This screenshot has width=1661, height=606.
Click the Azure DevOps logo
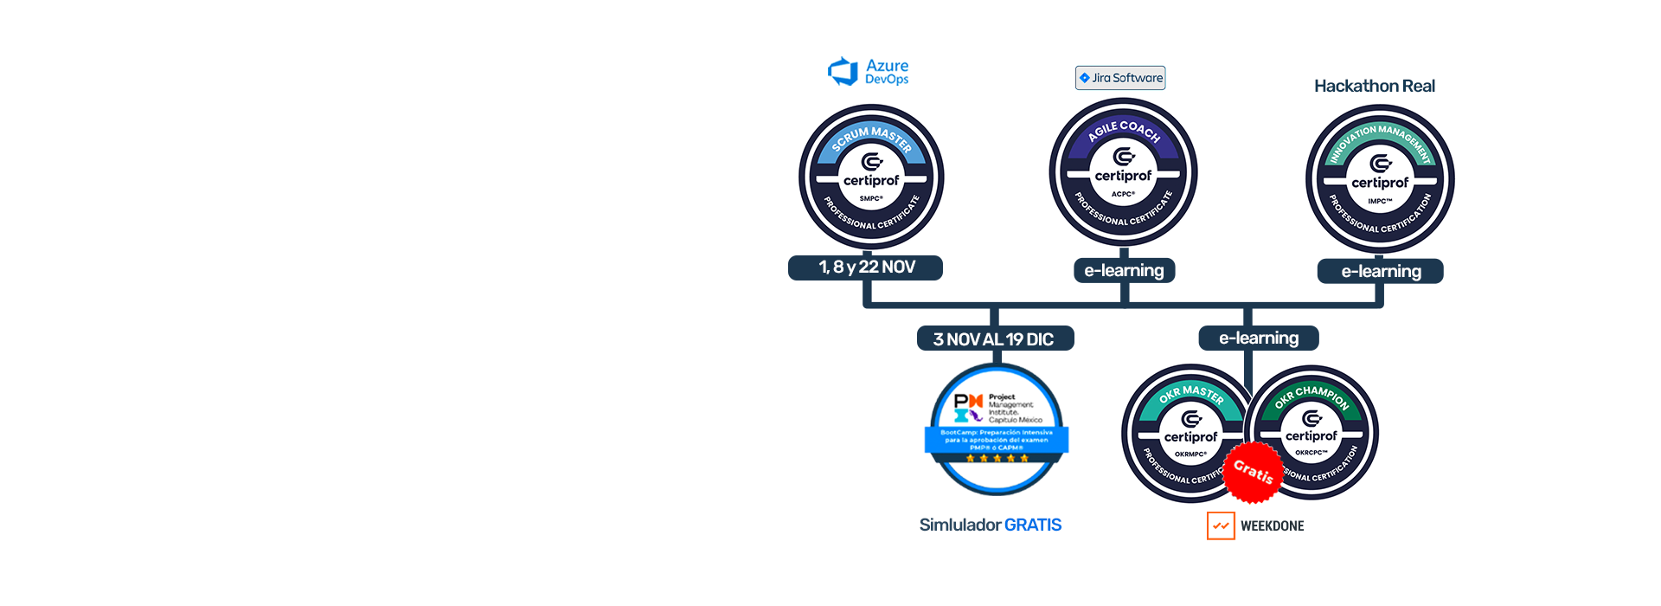(x=869, y=72)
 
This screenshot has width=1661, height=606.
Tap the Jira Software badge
(x=1120, y=78)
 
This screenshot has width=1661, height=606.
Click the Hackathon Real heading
(x=1374, y=86)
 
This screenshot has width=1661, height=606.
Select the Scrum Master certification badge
(x=871, y=177)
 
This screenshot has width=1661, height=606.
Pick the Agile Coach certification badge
(x=1123, y=172)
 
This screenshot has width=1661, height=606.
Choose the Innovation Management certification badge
(x=1380, y=179)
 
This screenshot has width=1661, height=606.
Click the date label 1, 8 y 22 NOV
(x=866, y=268)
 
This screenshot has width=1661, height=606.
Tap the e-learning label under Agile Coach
(x=1124, y=270)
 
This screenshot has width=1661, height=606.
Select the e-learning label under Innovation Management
(x=1381, y=271)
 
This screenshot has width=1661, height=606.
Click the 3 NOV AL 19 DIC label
(x=994, y=339)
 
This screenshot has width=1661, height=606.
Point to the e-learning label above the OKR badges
(x=1259, y=338)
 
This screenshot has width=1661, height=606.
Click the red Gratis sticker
(x=1253, y=472)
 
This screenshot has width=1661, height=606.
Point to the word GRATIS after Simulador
(x=1033, y=525)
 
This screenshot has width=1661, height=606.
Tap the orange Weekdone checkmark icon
(x=1221, y=525)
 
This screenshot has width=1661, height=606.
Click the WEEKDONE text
(x=1272, y=525)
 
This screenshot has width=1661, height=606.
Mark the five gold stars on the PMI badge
(x=997, y=458)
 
